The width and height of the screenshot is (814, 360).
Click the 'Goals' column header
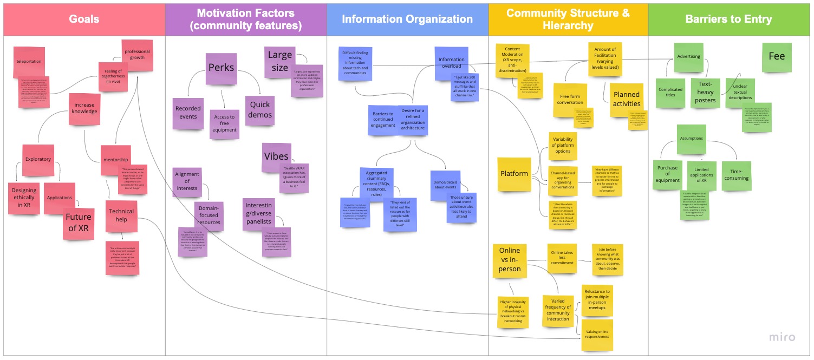click(x=84, y=19)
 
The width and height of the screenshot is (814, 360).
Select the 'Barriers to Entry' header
click(x=728, y=19)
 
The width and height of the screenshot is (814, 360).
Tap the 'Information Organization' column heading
click(x=407, y=19)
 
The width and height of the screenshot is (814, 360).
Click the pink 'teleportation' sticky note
click(x=29, y=62)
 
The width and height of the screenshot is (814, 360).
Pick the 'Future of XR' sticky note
click(x=79, y=222)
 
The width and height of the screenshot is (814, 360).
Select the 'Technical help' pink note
click(x=121, y=215)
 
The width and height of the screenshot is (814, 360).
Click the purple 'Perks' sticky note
click(x=221, y=68)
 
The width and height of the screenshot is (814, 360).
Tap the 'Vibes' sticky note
click(x=276, y=156)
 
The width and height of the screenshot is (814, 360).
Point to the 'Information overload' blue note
click(x=451, y=63)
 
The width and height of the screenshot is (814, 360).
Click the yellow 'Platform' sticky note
click(x=514, y=174)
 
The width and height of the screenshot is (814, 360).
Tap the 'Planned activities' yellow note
click(x=627, y=100)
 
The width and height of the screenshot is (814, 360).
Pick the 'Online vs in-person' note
click(x=509, y=260)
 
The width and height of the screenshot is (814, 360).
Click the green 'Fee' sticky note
click(x=776, y=57)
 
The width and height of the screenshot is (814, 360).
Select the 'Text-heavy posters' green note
click(x=706, y=93)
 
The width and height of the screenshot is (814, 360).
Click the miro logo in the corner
click(x=782, y=337)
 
